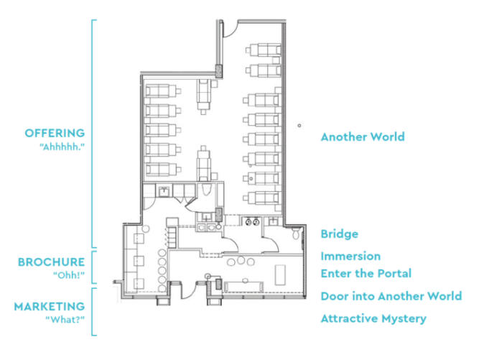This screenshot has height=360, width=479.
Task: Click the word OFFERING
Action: click(x=55, y=133)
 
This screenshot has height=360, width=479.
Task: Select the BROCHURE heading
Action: click(x=51, y=262)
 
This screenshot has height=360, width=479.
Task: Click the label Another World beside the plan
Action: click(x=362, y=137)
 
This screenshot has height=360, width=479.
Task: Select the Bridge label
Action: click(x=339, y=234)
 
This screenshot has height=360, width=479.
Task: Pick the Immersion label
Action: click(x=350, y=256)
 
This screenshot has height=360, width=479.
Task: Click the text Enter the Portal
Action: click(x=366, y=273)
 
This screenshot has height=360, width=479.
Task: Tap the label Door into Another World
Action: click(x=391, y=296)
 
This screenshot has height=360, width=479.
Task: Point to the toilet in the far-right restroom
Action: click(x=297, y=234)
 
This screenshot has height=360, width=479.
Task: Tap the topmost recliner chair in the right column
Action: click(x=261, y=51)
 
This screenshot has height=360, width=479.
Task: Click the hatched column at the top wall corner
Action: click(x=218, y=71)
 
